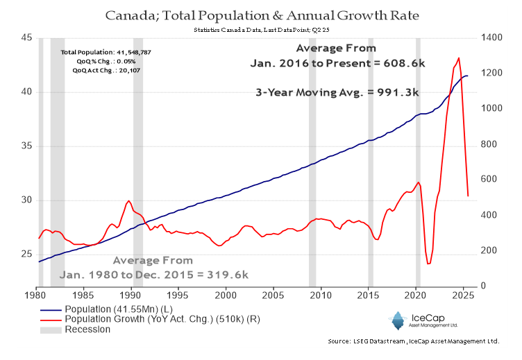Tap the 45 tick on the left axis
26,38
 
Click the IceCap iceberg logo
396,320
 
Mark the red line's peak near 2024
459,58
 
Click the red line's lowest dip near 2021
428,264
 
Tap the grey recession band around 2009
312,160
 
